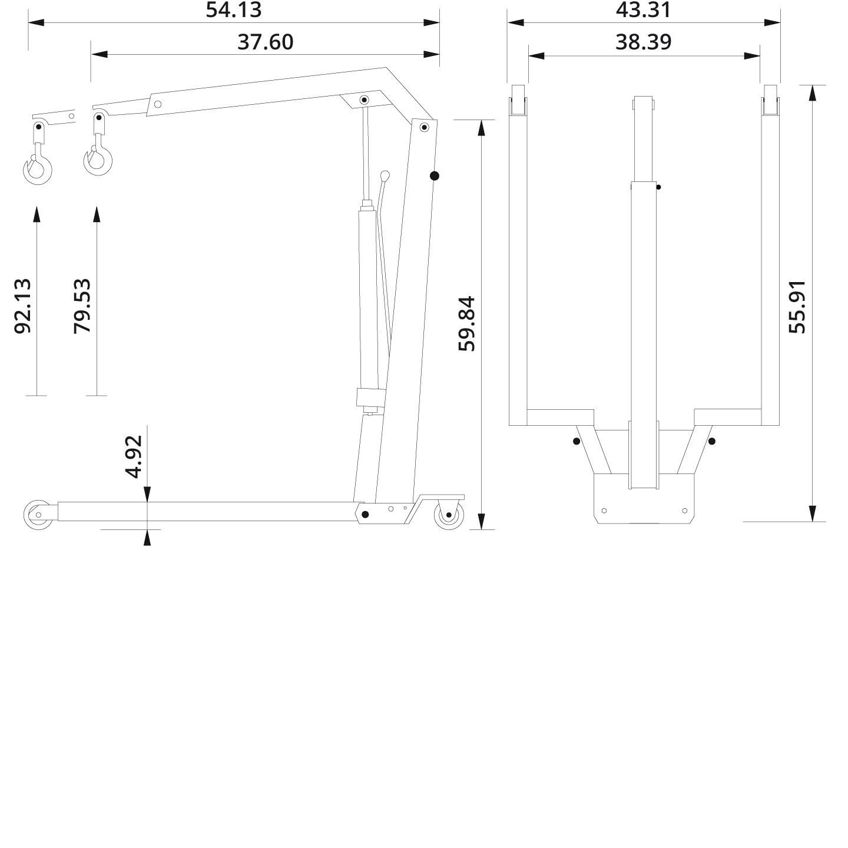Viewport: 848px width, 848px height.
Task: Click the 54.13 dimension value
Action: click(233, 10)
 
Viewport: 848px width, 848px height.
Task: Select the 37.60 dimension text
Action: click(265, 42)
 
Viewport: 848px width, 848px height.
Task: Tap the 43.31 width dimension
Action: click(643, 10)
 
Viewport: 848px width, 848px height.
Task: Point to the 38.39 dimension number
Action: click(643, 42)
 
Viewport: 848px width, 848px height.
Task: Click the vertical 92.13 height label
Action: click(22, 306)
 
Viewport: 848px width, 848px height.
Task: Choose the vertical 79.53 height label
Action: click(82, 306)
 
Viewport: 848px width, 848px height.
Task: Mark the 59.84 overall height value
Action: click(466, 323)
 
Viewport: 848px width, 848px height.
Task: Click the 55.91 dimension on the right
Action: click(797, 306)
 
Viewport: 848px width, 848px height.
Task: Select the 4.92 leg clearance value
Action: click(134, 456)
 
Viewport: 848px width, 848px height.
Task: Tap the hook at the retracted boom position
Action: click(97, 161)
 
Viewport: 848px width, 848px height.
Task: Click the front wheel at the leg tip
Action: click(38, 515)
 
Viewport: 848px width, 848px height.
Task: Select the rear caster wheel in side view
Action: click(449, 515)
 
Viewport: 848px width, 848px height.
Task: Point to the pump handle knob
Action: click(385, 175)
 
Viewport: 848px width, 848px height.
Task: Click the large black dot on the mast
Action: click(435, 175)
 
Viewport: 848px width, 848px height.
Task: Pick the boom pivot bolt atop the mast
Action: click(424, 127)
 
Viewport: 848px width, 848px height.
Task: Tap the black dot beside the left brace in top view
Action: click(576, 441)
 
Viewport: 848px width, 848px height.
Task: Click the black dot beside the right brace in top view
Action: click(712, 441)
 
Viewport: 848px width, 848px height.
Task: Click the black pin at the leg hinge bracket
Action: click(365, 515)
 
